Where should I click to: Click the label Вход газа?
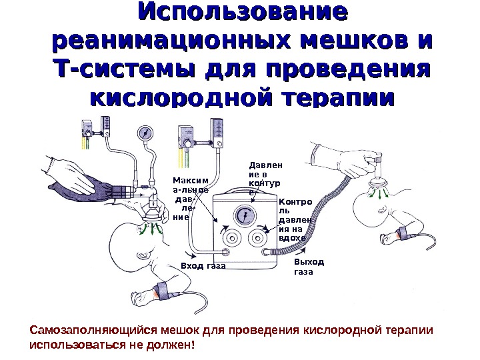(x=203, y=266)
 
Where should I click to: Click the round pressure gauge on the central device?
(x=243, y=215)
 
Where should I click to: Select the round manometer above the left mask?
(x=146, y=134)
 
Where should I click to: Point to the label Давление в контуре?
(x=256, y=177)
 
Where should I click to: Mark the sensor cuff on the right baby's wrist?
(x=405, y=233)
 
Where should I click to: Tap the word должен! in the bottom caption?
(x=172, y=346)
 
